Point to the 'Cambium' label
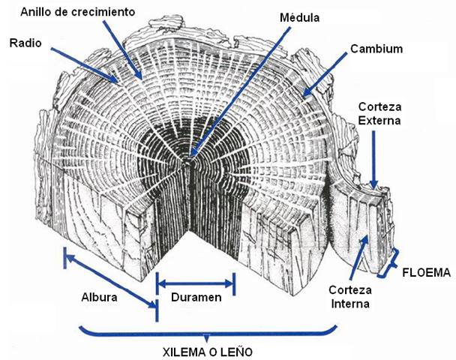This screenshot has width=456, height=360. [376, 49]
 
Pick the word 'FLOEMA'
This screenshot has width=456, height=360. [425, 272]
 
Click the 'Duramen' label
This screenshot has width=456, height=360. [195, 298]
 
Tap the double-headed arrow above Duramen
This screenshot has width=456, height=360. [195, 283]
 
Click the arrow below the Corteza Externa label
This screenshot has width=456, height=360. [376, 161]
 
